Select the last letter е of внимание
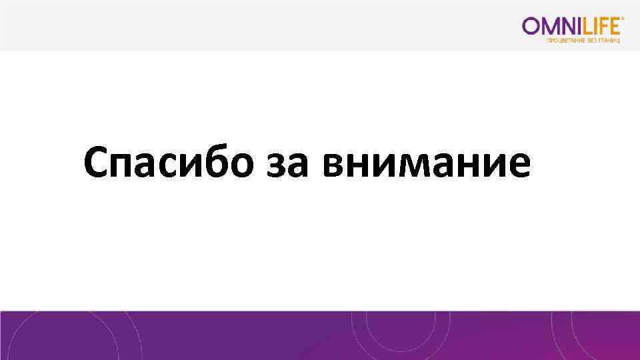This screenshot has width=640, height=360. tap(519, 167)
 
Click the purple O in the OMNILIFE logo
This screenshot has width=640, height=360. tap(532, 26)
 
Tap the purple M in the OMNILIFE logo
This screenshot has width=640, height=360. tap(551, 26)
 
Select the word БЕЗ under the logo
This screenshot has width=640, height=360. tap(592, 41)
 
